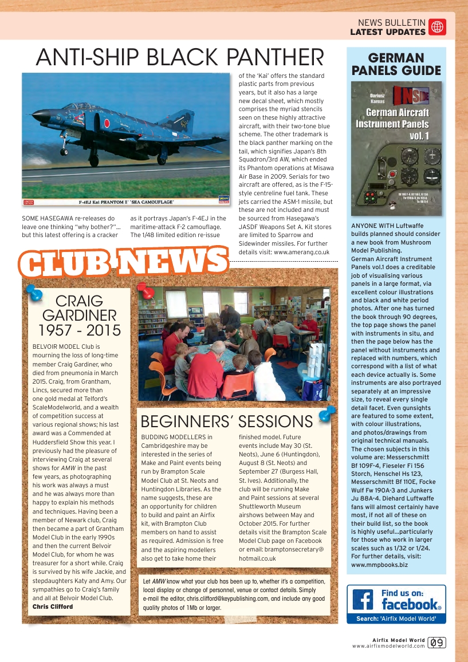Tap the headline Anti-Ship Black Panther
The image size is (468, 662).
pyautogui.click(x=179, y=57)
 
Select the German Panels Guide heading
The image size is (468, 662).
pyautogui.click(x=396, y=64)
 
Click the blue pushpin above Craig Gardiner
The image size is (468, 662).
pyautogui.click(x=35, y=293)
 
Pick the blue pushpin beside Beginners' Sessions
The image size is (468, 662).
pyautogui.click(x=327, y=413)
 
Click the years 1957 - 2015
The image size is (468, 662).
pyautogui.click(x=80, y=330)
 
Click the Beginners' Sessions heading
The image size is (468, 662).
pyautogui.click(x=226, y=422)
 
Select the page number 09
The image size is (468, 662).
pyautogui.click(x=438, y=643)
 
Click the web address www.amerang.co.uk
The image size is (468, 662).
pyautogui.click(x=301, y=252)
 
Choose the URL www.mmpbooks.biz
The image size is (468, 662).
pyautogui.click(x=379, y=564)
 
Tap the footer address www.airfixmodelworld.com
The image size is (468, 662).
pyautogui.click(x=388, y=646)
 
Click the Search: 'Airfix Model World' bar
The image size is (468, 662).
pyautogui.click(x=396, y=618)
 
